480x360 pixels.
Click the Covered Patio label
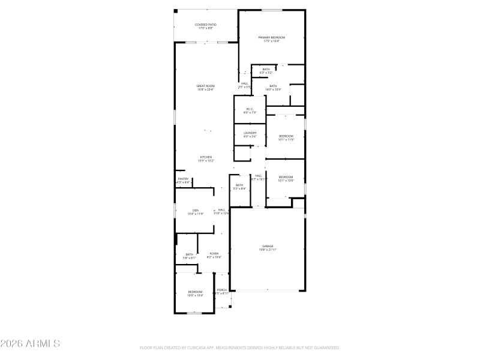click(x=205, y=25)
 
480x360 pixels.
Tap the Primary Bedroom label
click(x=272, y=38)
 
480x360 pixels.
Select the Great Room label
click(x=205, y=86)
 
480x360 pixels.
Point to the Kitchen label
click(x=205, y=157)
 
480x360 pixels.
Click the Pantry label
click(x=183, y=179)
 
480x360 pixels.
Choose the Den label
click(x=195, y=210)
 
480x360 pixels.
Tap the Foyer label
click(x=214, y=253)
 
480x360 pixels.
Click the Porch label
click(x=222, y=290)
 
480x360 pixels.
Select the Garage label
click(x=268, y=246)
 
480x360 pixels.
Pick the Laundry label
click(x=250, y=133)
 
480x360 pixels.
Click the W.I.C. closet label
click(x=250, y=109)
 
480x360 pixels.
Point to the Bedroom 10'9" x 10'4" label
click(x=195, y=292)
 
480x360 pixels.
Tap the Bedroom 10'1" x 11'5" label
click(x=286, y=136)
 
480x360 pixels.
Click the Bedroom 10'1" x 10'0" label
click(x=286, y=176)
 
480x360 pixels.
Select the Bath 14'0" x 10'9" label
click(x=273, y=86)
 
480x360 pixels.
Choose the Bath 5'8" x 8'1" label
click(x=189, y=254)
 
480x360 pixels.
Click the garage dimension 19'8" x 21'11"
click(x=268, y=250)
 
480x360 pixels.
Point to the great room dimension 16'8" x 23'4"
click(x=205, y=89)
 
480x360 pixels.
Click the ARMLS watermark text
click(x=30, y=344)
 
